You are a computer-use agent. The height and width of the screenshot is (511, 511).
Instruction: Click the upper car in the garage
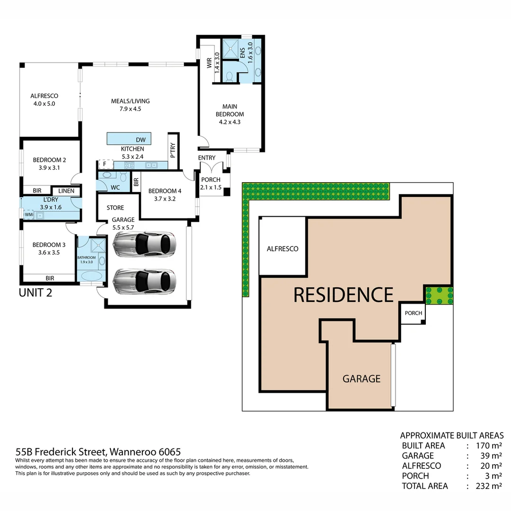tap(144, 244)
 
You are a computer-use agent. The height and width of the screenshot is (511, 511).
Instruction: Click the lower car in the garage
tap(144, 282)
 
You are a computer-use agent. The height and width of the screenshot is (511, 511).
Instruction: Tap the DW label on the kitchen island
tap(141, 140)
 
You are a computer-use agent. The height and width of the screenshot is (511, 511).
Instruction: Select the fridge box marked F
tap(104, 165)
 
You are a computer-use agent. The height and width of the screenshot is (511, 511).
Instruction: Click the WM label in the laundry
tap(29, 214)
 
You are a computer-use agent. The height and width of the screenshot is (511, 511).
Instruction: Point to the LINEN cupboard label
tap(66, 191)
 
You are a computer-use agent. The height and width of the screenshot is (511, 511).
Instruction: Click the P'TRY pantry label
tap(173, 150)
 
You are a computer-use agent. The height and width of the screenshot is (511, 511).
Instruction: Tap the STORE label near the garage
tap(115, 208)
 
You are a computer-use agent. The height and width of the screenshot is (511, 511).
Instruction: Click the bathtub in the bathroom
tap(88, 276)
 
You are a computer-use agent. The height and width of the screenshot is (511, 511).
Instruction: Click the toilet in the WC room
tap(123, 177)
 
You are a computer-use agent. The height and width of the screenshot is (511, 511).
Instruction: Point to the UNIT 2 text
tap(35, 292)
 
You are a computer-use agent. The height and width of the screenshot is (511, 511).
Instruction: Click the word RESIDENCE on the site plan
tap(343, 295)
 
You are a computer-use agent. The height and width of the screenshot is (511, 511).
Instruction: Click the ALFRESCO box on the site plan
tap(282, 248)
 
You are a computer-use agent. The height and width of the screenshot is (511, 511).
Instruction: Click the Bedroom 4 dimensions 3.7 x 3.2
tap(164, 199)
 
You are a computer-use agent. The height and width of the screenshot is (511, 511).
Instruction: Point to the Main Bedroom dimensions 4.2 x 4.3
tap(229, 122)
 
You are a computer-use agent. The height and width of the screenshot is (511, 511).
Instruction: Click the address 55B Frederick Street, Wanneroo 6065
tap(98, 452)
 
